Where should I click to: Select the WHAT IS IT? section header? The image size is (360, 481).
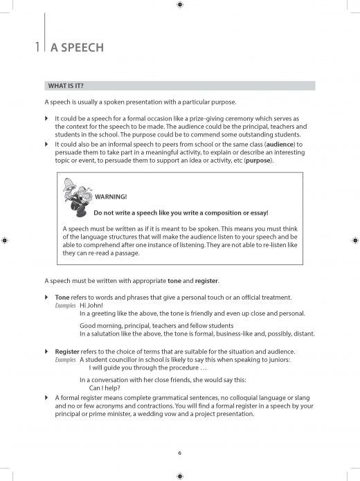pos(66,86)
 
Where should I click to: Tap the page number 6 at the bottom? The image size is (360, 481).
pos(179,453)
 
